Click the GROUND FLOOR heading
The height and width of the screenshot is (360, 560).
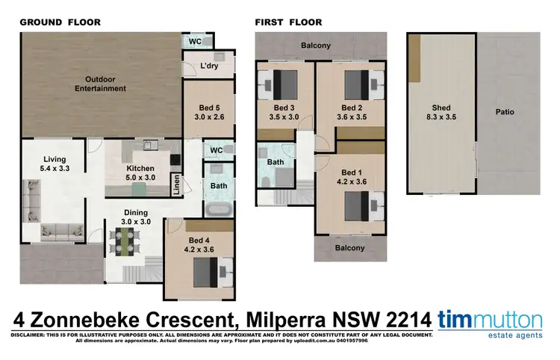(x=60, y=22)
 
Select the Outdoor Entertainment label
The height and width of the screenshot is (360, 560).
(x=105, y=84)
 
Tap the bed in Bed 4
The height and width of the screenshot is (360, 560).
(x=211, y=272)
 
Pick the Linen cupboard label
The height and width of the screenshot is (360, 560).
(x=176, y=184)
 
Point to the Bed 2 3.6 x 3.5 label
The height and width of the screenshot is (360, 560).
(x=352, y=112)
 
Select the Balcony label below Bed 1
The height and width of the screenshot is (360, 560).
(x=349, y=248)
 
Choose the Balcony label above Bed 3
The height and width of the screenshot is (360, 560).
(x=316, y=46)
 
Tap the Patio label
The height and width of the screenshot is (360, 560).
(x=504, y=112)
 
